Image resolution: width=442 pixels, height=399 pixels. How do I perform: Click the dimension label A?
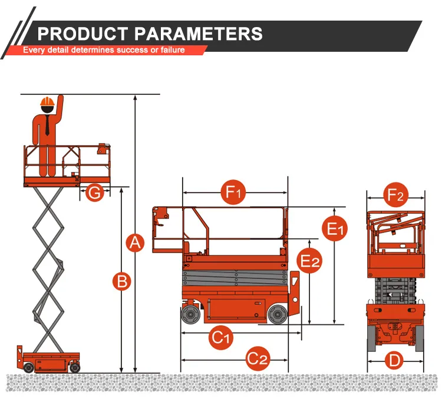[x=136, y=242]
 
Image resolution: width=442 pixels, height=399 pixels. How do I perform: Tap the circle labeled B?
[x=121, y=281]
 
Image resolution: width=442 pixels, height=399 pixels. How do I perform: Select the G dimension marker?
[x=94, y=192]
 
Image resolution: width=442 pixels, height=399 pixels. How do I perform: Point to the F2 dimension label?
[x=395, y=195]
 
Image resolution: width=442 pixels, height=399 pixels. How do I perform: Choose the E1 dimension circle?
[x=335, y=229]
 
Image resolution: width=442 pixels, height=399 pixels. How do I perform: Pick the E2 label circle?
[x=309, y=261]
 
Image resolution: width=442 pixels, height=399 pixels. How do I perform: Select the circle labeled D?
[x=395, y=360]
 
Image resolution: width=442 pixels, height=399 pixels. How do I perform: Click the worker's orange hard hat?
[x=47, y=102]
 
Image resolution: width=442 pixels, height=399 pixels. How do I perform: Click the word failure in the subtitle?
[x=169, y=50]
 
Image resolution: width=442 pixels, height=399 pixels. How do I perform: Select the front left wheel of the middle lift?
[x=190, y=315]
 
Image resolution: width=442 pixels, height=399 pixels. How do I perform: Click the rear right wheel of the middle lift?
[x=276, y=315]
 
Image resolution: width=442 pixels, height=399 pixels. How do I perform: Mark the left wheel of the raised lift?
[x=28, y=367]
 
